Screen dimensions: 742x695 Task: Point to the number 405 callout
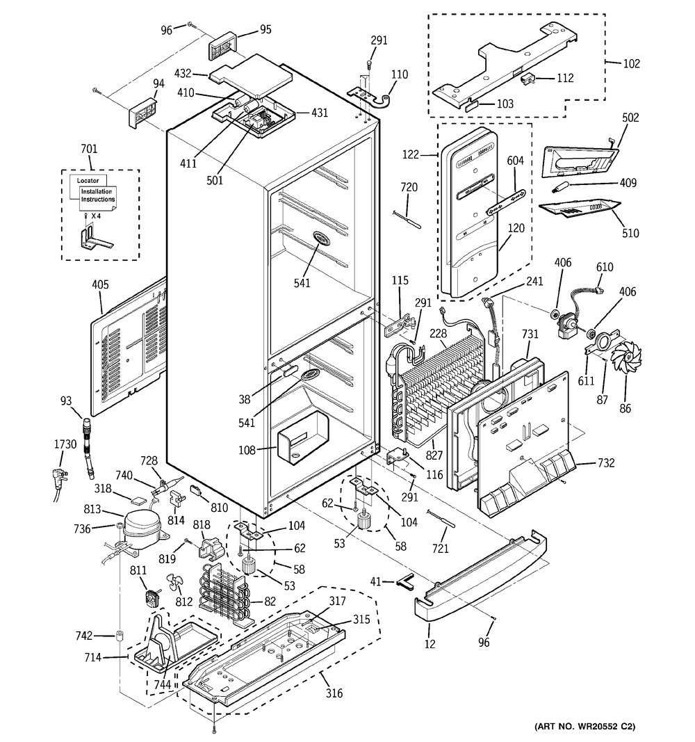tap(101, 285)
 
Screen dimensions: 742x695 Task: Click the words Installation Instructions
tap(97, 195)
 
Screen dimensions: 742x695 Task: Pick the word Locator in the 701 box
tap(88, 180)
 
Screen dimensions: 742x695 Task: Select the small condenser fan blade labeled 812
tap(173, 583)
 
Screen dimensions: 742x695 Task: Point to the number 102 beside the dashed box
tap(631, 64)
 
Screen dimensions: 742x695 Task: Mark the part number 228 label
tap(437, 334)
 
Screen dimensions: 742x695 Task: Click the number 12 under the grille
tap(430, 644)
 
